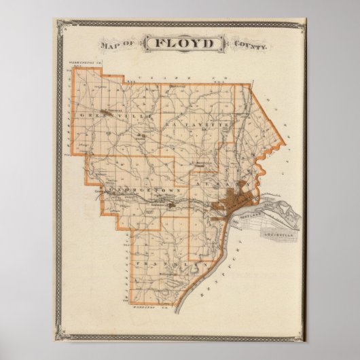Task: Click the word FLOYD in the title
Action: point(180,45)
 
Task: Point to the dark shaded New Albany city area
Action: point(228,203)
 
